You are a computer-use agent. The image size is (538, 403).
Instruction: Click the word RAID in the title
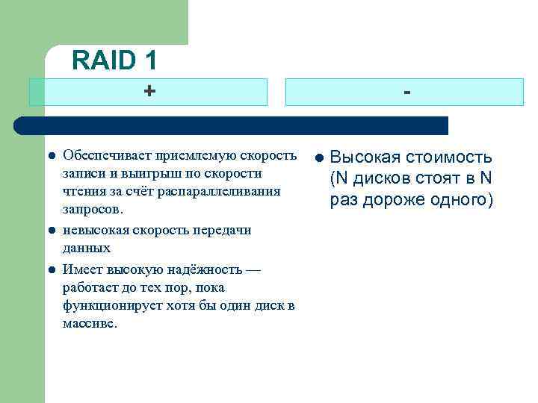102,60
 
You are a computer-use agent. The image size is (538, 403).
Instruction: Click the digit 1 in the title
146,60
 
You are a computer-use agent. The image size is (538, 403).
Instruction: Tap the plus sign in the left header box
150,91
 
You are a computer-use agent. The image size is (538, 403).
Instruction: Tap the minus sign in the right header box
406,91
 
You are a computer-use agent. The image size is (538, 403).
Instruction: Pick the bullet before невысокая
52,231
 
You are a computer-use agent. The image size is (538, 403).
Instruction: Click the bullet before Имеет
52,269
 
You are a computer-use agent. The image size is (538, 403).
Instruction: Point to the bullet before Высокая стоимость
318,157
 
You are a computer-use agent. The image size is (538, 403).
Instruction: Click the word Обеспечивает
107,155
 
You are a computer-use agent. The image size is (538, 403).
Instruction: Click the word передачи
222,230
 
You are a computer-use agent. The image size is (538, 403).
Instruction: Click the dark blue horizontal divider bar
232,125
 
